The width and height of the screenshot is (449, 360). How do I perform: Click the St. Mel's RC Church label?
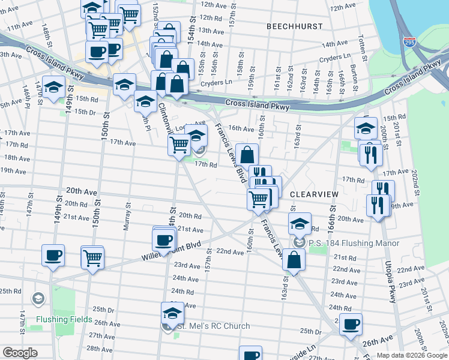[x=213, y=326]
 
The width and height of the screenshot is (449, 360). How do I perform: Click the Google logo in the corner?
[x=20, y=353]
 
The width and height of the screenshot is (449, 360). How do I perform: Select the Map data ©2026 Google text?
[x=411, y=355]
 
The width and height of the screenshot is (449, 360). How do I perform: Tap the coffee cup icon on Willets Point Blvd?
[x=164, y=241]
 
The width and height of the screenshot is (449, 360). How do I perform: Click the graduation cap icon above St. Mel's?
[x=172, y=313]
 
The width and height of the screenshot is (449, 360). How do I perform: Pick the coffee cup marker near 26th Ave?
[x=351, y=325]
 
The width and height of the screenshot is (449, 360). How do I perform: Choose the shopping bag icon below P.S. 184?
[x=294, y=260]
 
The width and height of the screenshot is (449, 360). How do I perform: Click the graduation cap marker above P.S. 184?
[x=300, y=224]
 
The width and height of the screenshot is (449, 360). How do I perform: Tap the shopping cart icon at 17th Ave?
[x=179, y=145]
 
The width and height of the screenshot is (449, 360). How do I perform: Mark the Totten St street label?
[x=362, y=43]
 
